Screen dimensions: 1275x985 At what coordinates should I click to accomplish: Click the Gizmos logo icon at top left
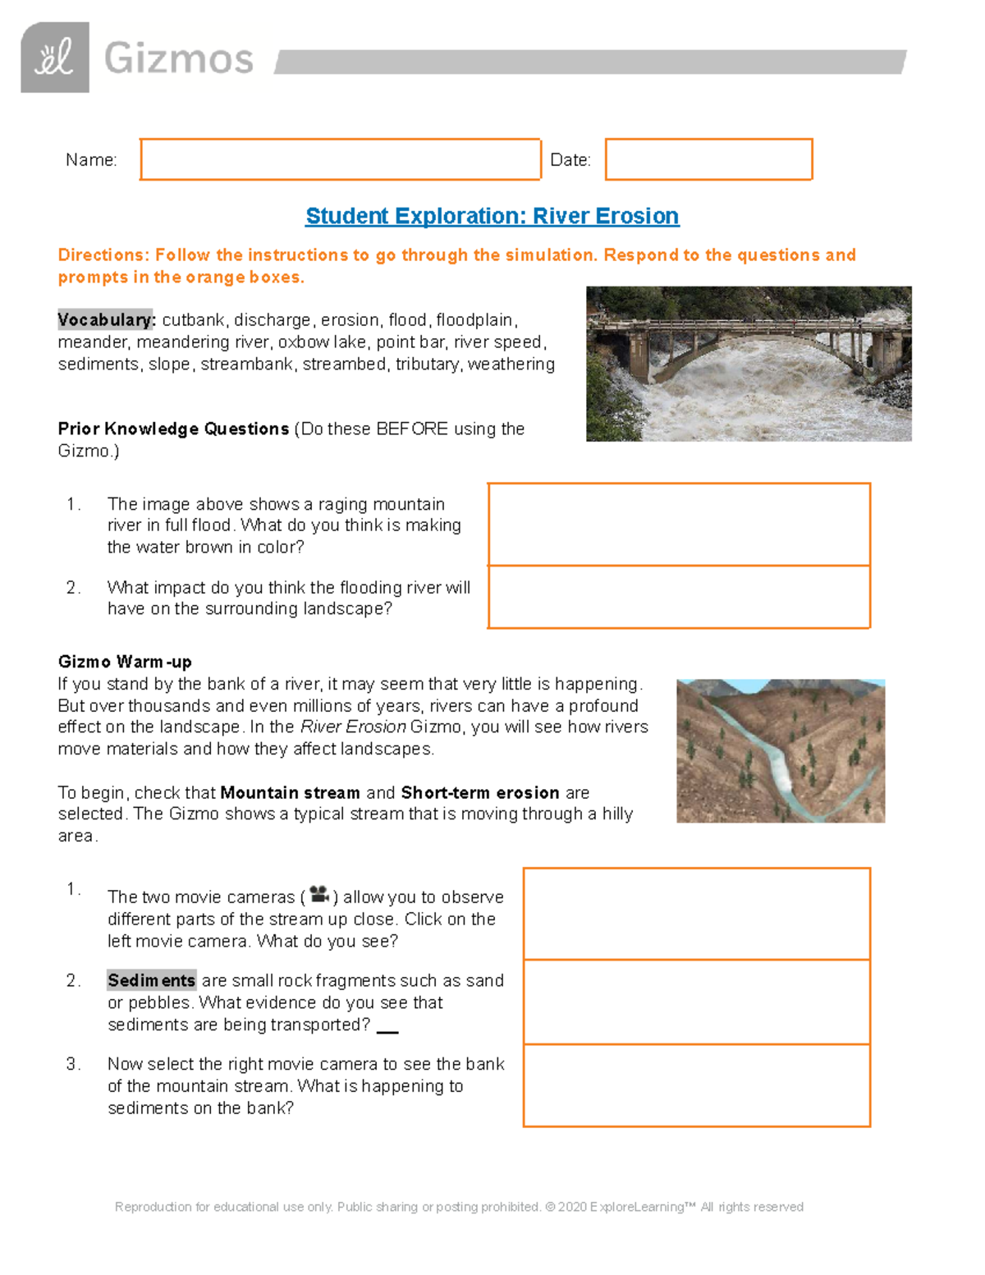coord(55,57)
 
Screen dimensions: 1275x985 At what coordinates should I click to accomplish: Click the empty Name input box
coord(340,159)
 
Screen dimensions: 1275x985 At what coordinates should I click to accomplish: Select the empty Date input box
coord(708,159)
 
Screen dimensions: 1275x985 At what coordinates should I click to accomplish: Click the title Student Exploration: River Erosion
coord(492,216)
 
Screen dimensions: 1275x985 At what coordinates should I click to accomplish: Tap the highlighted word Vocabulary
coord(106,319)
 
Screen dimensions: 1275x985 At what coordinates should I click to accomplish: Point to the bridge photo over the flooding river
coord(748,364)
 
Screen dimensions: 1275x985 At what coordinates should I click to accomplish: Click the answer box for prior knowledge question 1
coord(679,524)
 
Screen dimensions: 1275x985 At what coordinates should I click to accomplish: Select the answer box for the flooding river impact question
coord(679,597)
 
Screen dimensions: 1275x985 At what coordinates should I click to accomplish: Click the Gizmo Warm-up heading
coord(125,662)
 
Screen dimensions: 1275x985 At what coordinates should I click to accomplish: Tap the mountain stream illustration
coord(780,750)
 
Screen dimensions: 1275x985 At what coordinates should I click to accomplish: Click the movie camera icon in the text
coord(319,894)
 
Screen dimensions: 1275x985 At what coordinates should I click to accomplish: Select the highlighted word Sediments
coord(151,980)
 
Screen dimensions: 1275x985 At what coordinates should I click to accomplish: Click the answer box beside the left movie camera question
coord(696,914)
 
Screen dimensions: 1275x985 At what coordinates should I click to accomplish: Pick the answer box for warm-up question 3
coord(696,1085)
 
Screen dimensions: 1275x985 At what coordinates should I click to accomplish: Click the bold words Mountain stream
coord(290,793)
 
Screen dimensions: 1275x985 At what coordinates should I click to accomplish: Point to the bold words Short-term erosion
coord(479,793)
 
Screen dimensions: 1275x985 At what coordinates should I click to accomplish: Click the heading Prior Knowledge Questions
coord(173,429)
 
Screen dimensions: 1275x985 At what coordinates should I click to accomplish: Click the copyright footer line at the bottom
coord(459,1207)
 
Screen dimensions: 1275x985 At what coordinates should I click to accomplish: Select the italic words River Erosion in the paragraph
coord(353,727)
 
